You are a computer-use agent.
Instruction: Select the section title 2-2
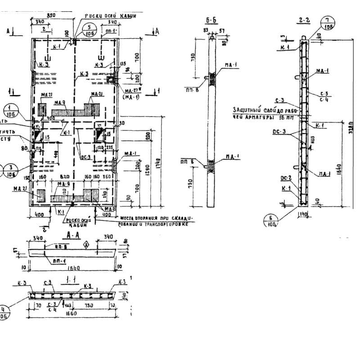(302, 20)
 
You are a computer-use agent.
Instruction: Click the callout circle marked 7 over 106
(328, 22)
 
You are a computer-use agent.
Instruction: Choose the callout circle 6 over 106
(272, 221)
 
